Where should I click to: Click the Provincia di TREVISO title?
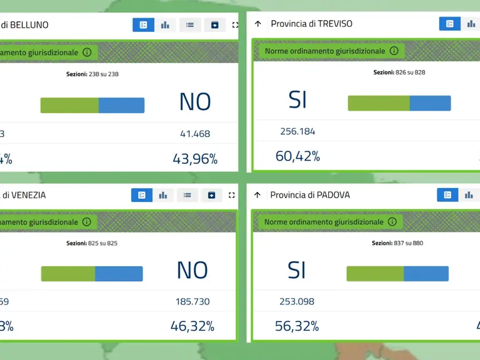[311, 24]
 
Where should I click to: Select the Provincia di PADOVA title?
[310, 195]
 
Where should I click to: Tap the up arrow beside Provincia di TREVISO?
[258, 24]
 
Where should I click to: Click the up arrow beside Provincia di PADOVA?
[257, 195]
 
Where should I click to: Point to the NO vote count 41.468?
[195, 134]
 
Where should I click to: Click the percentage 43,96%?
[195, 159]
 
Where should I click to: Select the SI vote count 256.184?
[298, 131]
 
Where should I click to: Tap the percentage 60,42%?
[298, 155]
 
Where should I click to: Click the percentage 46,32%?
[193, 326]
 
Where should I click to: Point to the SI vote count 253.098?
[297, 301]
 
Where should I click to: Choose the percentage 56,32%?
[297, 326]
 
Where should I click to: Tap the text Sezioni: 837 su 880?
[398, 243]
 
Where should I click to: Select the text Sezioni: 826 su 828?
[399, 73]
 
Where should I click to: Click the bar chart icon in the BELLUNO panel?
[165, 25]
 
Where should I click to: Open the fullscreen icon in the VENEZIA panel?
[231, 195]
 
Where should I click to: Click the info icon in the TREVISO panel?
[394, 51]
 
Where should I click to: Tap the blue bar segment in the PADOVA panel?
[426, 274]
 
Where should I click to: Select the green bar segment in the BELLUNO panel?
[69, 105]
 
